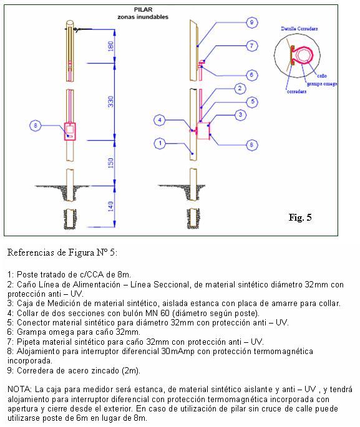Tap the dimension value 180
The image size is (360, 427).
[x=111, y=46]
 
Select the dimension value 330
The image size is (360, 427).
[x=111, y=108]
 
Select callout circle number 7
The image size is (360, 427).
[x=251, y=46]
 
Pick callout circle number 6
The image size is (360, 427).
[x=251, y=75]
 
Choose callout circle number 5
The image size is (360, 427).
[x=251, y=101]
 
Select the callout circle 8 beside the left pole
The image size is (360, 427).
[x=36, y=127]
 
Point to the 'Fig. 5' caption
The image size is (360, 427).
[x=300, y=218]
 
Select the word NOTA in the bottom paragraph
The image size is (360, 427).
[x=19, y=389]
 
